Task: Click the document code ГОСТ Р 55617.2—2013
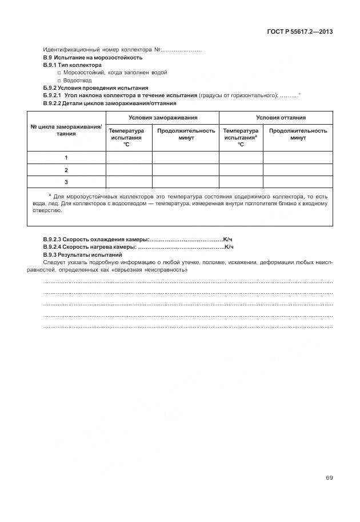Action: (x=299, y=31)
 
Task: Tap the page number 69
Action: (x=329, y=478)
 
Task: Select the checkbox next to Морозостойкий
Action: (x=59, y=73)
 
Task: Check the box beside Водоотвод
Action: (x=59, y=81)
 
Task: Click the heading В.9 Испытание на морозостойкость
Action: (x=93, y=58)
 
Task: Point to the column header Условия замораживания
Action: (x=163, y=117)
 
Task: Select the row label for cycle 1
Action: (x=66, y=157)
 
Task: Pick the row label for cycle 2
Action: (x=66, y=170)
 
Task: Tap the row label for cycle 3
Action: (x=66, y=182)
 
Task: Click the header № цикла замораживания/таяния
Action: (x=66, y=130)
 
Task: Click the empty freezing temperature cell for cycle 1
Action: (x=129, y=157)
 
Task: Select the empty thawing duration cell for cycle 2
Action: (x=297, y=170)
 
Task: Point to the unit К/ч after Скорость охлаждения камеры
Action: (x=228, y=239)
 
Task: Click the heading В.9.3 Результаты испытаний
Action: (x=83, y=254)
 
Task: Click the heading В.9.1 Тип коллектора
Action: (x=72, y=65)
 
